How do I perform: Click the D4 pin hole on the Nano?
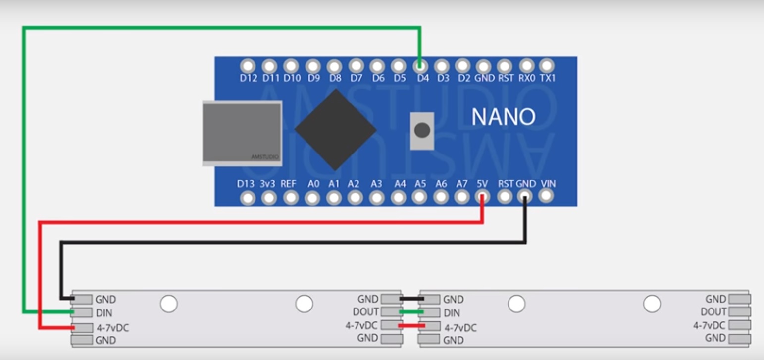point(420,66)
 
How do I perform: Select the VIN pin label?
point(548,184)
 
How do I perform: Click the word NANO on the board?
point(503,117)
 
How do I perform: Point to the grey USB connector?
point(242,133)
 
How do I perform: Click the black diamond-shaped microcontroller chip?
point(335,129)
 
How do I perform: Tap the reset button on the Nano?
point(422,131)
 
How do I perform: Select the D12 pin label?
point(249,78)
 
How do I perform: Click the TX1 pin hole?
point(547,65)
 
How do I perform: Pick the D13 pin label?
point(246,184)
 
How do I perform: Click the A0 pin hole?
point(312,198)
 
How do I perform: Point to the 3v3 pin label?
point(267,184)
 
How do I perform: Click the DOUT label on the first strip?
point(365,312)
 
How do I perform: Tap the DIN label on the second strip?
point(452,313)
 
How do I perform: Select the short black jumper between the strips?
point(411,299)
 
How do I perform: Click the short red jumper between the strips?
point(411,325)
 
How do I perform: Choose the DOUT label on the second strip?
point(713,312)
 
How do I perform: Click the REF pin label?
point(288,184)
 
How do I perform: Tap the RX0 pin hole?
point(527,65)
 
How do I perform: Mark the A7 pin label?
point(461,184)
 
